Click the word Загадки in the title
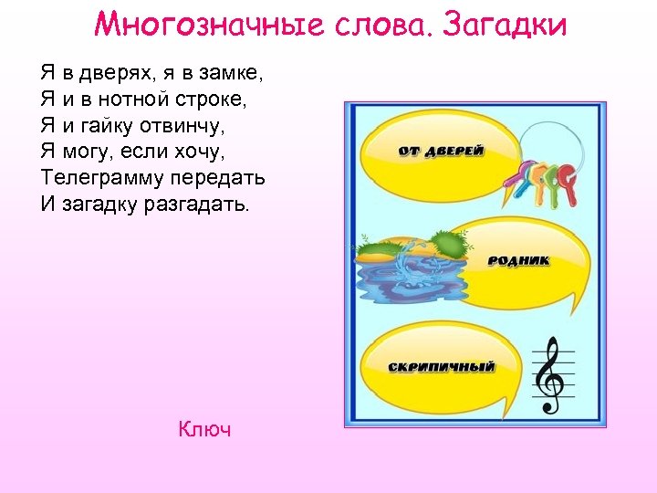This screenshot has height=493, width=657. click(x=503, y=25)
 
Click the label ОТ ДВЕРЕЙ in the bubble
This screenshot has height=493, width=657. click(x=441, y=151)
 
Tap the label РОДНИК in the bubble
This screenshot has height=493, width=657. click(x=519, y=260)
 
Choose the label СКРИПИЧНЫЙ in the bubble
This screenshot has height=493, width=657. click(x=442, y=367)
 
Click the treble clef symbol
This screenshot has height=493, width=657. click(x=549, y=374)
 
